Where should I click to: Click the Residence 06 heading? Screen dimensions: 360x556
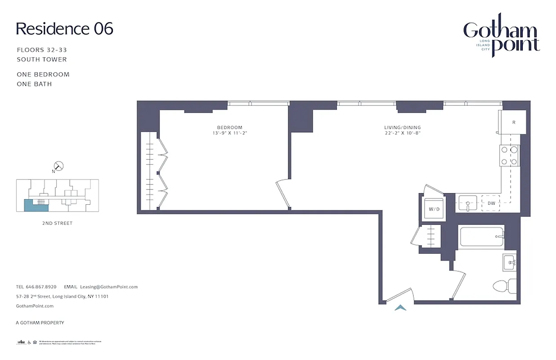pyautogui.click(x=64, y=29)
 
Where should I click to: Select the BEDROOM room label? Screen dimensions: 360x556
pyautogui.click(x=229, y=127)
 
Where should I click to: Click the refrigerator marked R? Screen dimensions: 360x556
pyautogui.click(x=512, y=122)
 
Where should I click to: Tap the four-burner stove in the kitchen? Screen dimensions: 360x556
pyautogui.click(x=509, y=156)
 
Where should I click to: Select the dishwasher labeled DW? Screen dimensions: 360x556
pyautogui.click(x=491, y=203)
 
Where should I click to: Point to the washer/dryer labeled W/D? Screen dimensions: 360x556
pyautogui.click(x=434, y=209)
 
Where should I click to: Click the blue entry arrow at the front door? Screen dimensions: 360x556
pyautogui.click(x=400, y=308)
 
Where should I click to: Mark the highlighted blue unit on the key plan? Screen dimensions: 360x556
pyautogui.click(x=29, y=205)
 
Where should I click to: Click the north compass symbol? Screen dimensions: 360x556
pyautogui.click(x=59, y=166)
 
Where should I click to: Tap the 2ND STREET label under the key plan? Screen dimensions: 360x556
pyautogui.click(x=58, y=223)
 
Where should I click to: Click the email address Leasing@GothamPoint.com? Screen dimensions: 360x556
pyautogui.click(x=108, y=287)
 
